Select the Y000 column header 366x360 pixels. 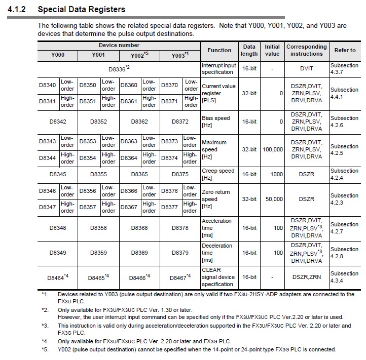(58, 55)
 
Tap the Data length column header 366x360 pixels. (249, 50)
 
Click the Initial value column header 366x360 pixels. (272, 50)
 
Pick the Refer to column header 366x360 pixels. (345, 50)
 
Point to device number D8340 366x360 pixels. (48, 85)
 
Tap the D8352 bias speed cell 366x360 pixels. (99, 122)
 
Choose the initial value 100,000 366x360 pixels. (273, 150)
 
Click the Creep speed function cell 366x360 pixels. (218, 174)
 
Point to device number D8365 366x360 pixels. (139, 174)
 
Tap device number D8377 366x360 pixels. (170, 207)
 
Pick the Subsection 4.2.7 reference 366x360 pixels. (344, 228)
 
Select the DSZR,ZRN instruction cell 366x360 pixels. (306, 277)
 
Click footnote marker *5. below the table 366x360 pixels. (45, 349)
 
